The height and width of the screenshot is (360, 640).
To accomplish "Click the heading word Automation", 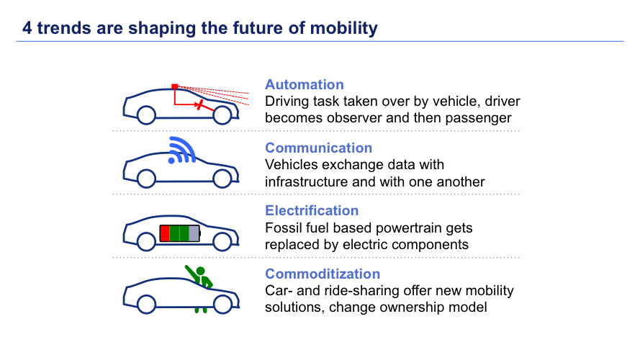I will (305, 85).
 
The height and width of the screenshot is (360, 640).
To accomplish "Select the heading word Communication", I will (318, 148).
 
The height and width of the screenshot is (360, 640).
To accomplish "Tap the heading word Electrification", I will (312, 211).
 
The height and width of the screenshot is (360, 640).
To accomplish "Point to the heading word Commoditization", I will (323, 274).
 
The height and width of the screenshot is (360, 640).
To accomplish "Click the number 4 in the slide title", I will (27, 29).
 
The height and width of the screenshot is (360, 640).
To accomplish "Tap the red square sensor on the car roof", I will (174, 86).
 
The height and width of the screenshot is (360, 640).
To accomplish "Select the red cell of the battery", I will (165, 233).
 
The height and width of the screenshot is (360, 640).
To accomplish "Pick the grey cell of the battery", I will (193, 233).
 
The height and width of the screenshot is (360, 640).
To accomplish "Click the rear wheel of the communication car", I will (146, 177).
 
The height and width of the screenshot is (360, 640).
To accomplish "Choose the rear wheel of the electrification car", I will (146, 240).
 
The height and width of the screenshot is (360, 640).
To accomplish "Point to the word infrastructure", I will (309, 181).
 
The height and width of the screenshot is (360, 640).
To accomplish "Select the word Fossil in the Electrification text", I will (284, 228).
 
